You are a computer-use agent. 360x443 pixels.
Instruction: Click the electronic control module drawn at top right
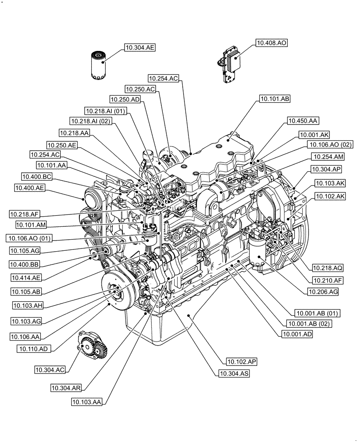pyautogui.click(x=230, y=64)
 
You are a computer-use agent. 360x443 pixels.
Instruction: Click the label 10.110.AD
pyautogui.click(x=34, y=349)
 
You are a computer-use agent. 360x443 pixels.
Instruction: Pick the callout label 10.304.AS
pyautogui.click(x=234, y=374)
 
